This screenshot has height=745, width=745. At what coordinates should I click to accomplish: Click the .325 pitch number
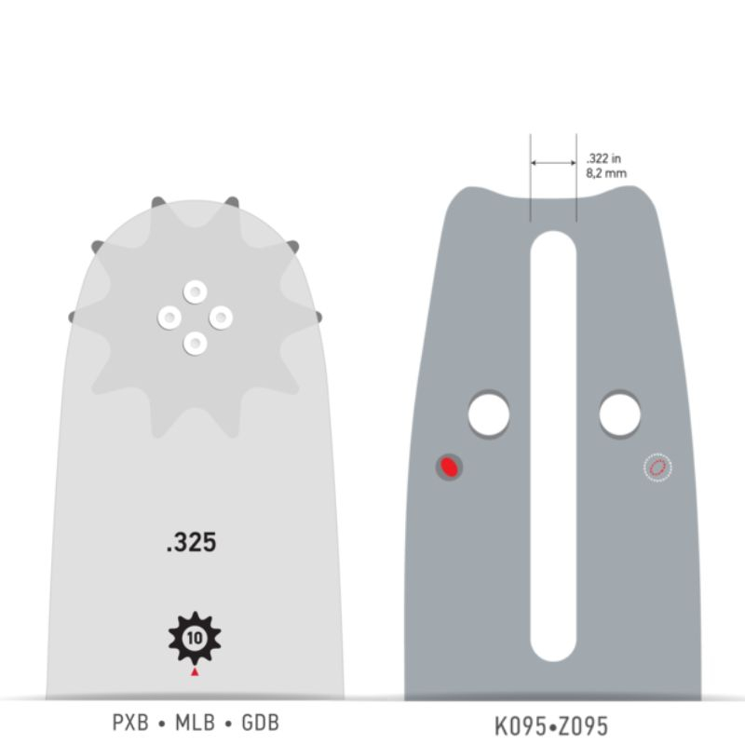(x=192, y=542)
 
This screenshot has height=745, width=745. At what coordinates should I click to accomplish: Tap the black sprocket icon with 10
(x=195, y=638)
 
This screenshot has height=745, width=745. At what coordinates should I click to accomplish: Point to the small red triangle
(x=195, y=671)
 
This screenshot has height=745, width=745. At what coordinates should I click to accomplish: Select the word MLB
(x=196, y=723)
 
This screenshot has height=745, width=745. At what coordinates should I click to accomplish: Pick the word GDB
(x=261, y=723)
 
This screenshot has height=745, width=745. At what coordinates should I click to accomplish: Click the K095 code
(x=521, y=726)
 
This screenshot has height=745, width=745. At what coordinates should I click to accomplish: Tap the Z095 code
(x=582, y=726)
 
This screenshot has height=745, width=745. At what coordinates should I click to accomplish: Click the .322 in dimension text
(x=603, y=158)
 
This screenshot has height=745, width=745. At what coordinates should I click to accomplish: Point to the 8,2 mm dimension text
(x=606, y=173)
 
